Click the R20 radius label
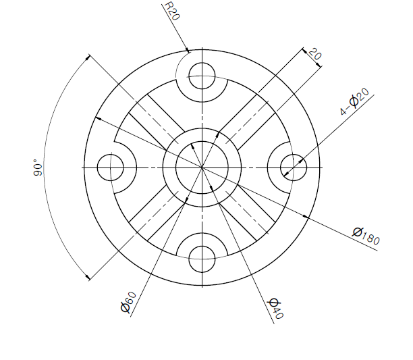172,11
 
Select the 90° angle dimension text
38,168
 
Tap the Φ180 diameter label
366,236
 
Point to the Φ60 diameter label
128,302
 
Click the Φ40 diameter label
275,309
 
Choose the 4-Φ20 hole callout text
354,101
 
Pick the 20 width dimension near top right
315,54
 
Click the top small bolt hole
202,76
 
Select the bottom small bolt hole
202,259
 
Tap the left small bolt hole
111,168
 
